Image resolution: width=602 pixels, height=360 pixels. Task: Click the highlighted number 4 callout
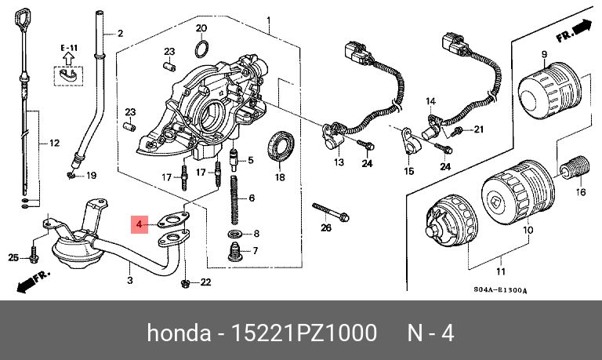(x=140, y=226)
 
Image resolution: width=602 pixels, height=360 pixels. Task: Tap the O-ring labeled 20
(x=201, y=51)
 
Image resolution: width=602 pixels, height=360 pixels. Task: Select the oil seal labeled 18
(x=281, y=147)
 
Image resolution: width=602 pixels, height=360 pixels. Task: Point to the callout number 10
(x=528, y=231)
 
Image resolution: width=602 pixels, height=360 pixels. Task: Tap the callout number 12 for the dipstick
(x=54, y=144)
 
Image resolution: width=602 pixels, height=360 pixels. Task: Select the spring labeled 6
(x=234, y=199)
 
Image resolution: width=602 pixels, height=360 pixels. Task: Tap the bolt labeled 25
(x=34, y=256)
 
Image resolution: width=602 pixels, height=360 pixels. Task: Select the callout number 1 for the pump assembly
(x=268, y=20)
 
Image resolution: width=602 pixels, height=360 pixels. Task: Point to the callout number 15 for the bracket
(x=408, y=171)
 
